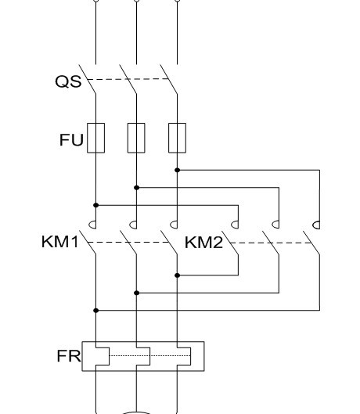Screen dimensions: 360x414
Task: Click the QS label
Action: [68, 81]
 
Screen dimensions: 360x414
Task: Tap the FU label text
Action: [71, 140]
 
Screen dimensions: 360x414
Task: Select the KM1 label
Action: [60, 242]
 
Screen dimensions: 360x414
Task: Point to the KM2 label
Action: [203, 243]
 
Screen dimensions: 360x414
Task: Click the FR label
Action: [69, 356]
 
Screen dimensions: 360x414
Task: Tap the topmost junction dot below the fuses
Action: [177, 171]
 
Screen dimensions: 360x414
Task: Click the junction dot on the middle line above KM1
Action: [136, 188]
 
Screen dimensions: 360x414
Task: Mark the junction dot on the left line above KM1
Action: [96, 205]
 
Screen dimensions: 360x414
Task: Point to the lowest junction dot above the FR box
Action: [96, 311]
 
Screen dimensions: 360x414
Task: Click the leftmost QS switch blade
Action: [88, 79]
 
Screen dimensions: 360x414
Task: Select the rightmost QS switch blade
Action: [169, 79]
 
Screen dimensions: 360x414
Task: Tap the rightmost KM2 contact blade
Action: [311, 243]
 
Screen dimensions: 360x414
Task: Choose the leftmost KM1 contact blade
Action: [88, 243]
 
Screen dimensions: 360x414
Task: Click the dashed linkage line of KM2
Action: [270, 243]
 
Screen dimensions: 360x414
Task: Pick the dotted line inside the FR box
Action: [150, 356]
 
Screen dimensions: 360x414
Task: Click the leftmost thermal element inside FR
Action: [109, 356]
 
